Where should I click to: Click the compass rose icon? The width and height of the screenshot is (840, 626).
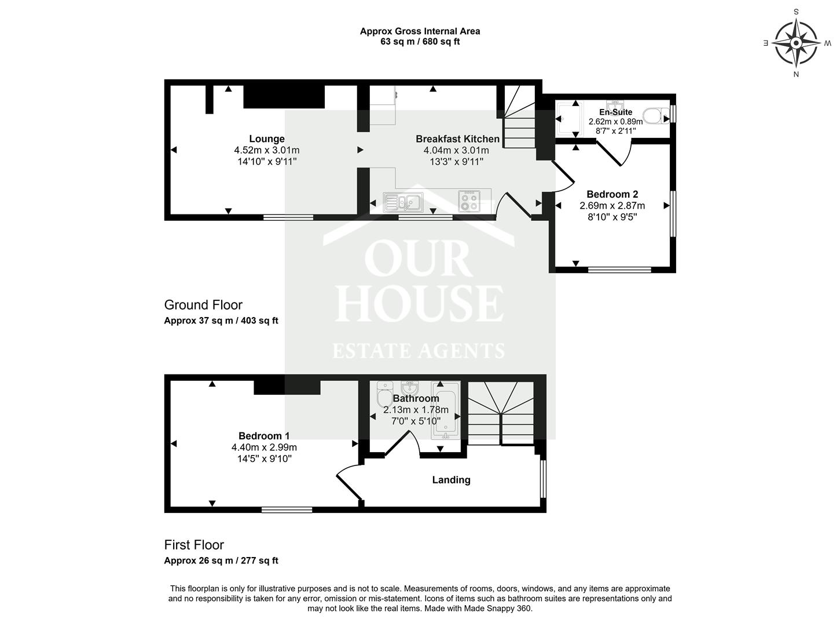796,43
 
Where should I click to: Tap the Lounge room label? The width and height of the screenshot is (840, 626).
266,139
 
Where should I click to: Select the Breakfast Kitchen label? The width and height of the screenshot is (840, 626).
457,139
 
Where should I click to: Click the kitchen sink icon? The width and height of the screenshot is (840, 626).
403,202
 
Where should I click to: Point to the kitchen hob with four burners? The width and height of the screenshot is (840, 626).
469,201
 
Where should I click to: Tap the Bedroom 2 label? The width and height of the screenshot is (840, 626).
612,194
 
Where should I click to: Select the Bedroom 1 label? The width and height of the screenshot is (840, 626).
264,436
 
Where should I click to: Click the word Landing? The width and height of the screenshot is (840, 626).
451,480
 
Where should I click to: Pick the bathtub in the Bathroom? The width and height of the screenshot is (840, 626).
447,412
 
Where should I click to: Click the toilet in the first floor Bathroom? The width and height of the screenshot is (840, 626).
384,395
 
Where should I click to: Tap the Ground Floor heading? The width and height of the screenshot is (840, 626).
203,305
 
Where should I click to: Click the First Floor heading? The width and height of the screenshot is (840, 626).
194,545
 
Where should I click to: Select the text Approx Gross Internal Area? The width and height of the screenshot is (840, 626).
420,31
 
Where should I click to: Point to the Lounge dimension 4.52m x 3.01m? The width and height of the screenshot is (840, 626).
266,150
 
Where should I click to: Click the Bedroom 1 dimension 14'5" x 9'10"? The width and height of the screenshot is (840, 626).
264,458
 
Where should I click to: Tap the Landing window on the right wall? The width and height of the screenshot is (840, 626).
542,479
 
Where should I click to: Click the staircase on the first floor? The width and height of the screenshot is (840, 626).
501,413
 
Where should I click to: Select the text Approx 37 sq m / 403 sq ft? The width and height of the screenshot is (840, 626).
221,321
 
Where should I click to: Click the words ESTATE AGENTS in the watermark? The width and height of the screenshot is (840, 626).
418,351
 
